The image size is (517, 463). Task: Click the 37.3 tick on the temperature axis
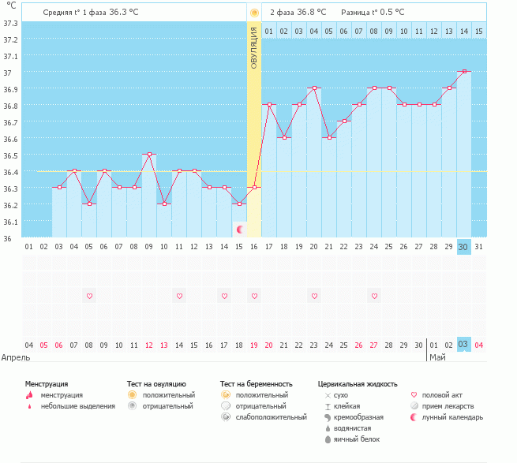(x=10, y=22)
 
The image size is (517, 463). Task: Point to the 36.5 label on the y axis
(x=10, y=155)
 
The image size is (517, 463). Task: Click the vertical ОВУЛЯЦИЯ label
(x=254, y=47)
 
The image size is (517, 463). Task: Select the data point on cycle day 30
(x=463, y=72)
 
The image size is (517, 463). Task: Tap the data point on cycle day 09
(x=149, y=155)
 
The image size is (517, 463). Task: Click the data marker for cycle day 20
(x=314, y=88)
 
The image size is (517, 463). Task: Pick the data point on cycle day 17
(x=269, y=105)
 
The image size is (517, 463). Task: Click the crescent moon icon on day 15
(x=240, y=229)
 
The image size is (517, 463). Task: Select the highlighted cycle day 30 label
(x=463, y=246)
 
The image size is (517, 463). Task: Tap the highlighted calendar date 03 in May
(x=463, y=344)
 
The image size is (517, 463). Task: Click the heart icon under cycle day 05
(x=89, y=296)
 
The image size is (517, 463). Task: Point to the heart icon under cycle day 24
(x=374, y=296)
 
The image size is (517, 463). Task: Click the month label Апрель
(x=17, y=357)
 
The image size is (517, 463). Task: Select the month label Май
(x=437, y=357)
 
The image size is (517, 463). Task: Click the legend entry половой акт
(x=441, y=394)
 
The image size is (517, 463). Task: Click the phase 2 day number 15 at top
(x=478, y=31)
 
